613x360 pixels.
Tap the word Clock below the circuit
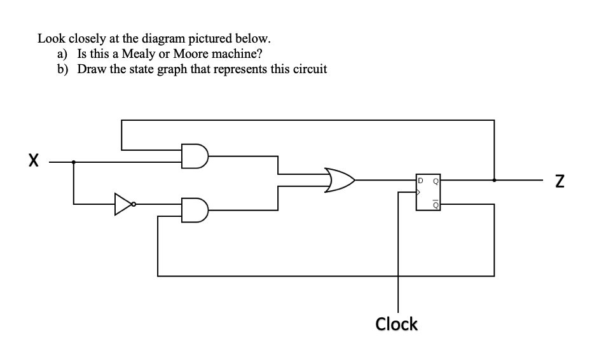(x=396, y=324)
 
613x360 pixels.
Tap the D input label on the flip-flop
(x=421, y=179)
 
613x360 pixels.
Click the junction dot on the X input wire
(x=74, y=162)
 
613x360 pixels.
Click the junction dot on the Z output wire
(x=494, y=180)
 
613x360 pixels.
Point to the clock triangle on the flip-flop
(x=420, y=189)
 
